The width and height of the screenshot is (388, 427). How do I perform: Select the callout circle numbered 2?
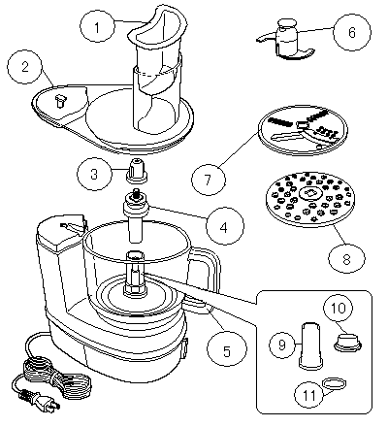click(x=25, y=67)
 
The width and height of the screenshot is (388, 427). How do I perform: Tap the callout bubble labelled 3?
click(x=94, y=174)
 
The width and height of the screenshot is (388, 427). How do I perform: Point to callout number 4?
click(x=224, y=227)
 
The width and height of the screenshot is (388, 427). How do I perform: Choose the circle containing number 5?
click(x=227, y=349)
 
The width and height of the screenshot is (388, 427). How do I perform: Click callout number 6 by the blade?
click(x=352, y=32)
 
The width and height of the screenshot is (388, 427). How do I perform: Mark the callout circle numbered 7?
click(x=209, y=179)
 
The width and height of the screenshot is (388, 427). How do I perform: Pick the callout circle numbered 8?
click(x=346, y=258)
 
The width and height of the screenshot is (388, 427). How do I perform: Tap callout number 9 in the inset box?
click(x=282, y=345)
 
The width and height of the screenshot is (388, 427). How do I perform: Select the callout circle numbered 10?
click(x=339, y=308)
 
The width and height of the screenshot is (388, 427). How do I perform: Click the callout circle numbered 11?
click(x=309, y=394)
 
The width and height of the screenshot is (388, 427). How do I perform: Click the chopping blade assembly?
click(x=285, y=40)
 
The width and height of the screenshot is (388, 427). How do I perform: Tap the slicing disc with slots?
click(x=303, y=130)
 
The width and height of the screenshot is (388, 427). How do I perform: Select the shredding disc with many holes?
click(x=310, y=198)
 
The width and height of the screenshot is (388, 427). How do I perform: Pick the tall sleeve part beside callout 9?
click(x=311, y=345)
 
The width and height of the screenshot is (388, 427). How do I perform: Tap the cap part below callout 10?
click(x=347, y=342)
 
